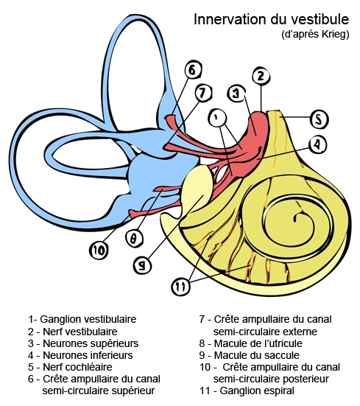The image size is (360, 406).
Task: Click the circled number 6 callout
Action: click(x=192, y=71)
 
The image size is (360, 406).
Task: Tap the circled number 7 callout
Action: click(x=204, y=94)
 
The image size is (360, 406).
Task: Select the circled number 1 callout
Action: click(x=216, y=116)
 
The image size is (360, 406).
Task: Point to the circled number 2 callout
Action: click(x=259, y=75)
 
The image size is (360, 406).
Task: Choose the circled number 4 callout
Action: click(x=317, y=144)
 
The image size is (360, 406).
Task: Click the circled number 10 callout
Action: click(x=99, y=251)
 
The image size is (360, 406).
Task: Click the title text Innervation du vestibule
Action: click(x=272, y=18)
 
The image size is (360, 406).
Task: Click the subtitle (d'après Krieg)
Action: click(x=315, y=35)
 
